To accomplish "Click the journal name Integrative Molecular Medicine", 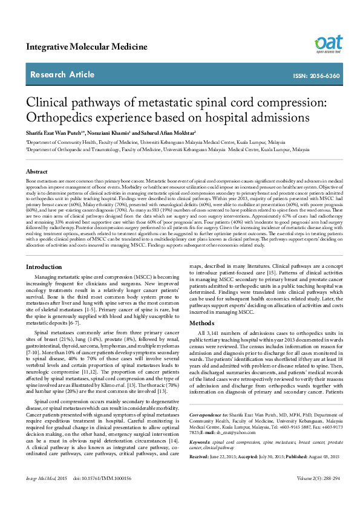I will tap(87, 47).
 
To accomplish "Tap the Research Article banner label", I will tap(63, 75).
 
